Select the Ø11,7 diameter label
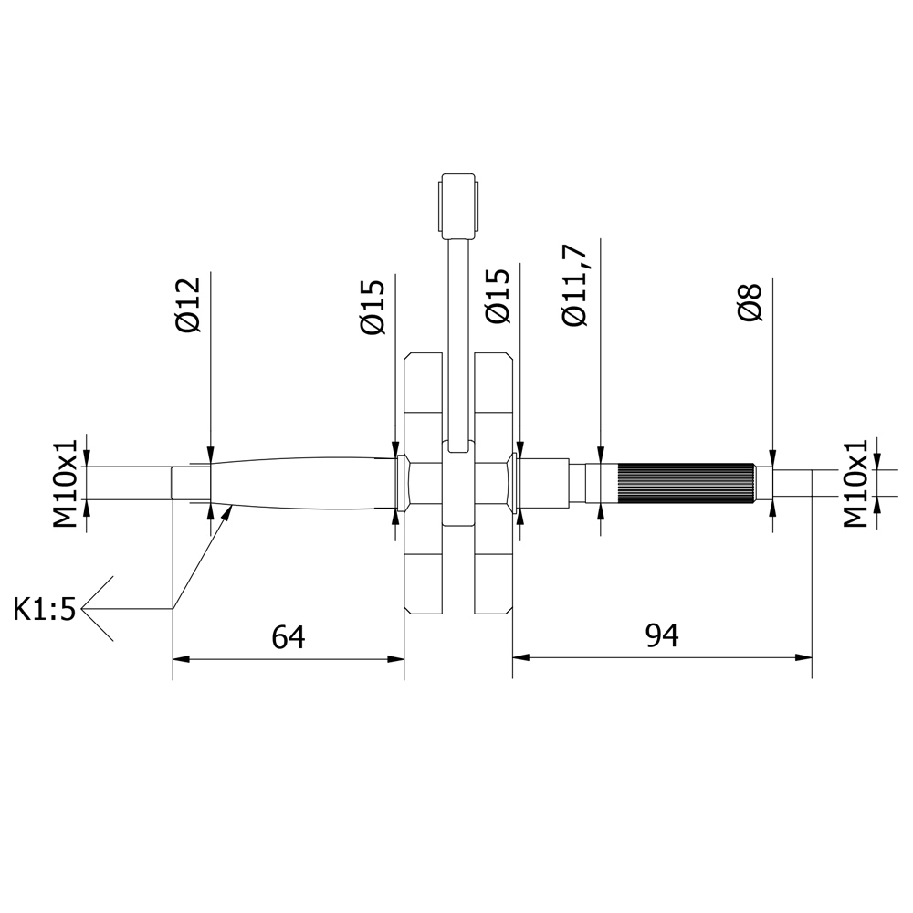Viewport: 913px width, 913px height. [574, 285]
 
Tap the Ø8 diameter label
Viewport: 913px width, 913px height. [750, 302]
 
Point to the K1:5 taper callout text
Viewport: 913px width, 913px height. [45, 610]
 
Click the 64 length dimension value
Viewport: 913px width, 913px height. [289, 636]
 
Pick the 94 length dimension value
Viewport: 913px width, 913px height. [662, 635]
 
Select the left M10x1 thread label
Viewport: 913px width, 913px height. [66, 483]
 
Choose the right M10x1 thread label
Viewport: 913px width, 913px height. [855, 483]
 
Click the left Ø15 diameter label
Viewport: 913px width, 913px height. [373, 307]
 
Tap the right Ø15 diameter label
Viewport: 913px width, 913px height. [498, 295]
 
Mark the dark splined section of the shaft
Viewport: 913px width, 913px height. [686, 484]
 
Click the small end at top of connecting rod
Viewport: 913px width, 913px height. [458, 206]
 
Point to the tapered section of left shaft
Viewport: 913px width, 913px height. [303, 483]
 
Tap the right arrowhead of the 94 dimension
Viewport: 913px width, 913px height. [803, 658]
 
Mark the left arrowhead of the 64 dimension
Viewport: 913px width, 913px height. [181, 659]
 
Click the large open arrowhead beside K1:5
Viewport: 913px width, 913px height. [98, 609]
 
